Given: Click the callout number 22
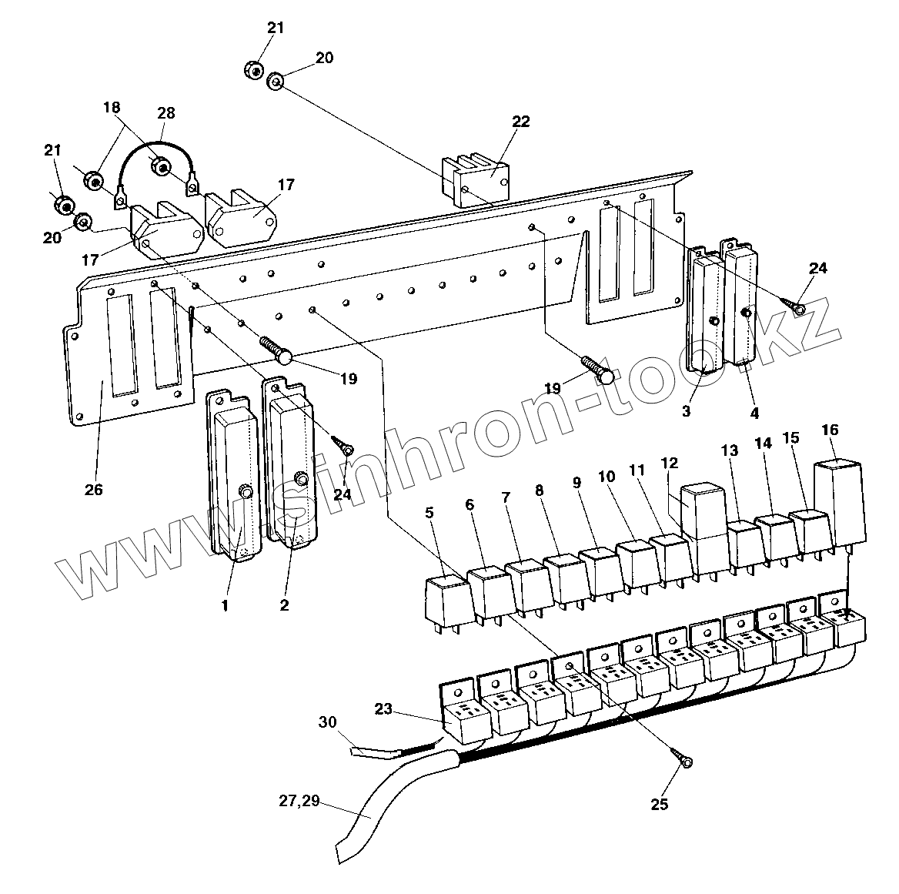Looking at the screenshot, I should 521,122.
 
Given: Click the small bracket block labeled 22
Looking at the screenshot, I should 476,179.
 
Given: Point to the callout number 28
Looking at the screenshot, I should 165,113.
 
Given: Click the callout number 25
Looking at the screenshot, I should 660,805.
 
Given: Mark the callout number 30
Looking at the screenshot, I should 327,722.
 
